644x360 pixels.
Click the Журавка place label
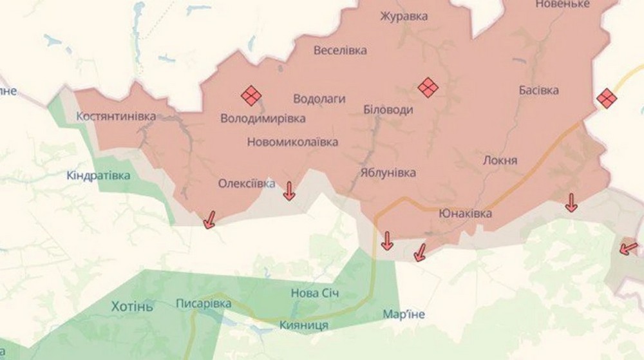pyautogui.click(x=404, y=17)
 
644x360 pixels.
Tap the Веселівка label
pyautogui.click(x=340, y=50)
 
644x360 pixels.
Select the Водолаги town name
pyautogui.click(x=319, y=99)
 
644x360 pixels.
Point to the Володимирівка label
pyautogui.click(x=263, y=118)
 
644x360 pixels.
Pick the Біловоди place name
pyautogui.click(x=388, y=110)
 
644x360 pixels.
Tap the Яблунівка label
pyautogui.click(x=388, y=173)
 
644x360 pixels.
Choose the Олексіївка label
pyautogui.click(x=247, y=184)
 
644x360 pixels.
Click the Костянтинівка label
pyautogui.click(x=116, y=117)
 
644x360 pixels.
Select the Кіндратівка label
pyautogui.click(x=99, y=175)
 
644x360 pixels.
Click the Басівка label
pyautogui.click(x=539, y=91)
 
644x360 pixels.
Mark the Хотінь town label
pyautogui.click(x=132, y=306)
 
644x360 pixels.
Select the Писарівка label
pyautogui.click(x=204, y=303)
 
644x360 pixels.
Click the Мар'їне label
pyautogui.click(x=404, y=314)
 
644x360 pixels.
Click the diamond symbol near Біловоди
pyautogui.click(x=428, y=87)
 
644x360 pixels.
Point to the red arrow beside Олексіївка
pyautogui.click(x=289, y=191)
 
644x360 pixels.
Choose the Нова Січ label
pyautogui.click(x=315, y=293)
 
